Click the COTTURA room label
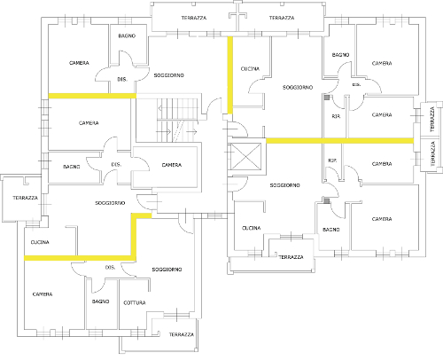[x=135, y=302]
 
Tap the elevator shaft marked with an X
[x=245, y=156]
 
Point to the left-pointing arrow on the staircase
[x=160, y=108]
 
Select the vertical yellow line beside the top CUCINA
[x=229, y=75]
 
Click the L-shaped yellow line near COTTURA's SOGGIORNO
[x=134, y=237]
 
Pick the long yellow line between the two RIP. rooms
[x=339, y=141]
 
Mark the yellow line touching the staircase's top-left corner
[x=92, y=96]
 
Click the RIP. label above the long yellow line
[x=336, y=116]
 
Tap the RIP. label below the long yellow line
[x=332, y=160]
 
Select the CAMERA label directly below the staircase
[x=172, y=165]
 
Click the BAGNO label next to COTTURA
[x=101, y=301]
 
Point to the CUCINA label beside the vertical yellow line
[x=250, y=69]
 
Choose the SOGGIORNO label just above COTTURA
[x=167, y=270]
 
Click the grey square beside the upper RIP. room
[x=326, y=98]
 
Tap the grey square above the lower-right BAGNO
[x=326, y=201]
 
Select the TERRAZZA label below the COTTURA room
[x=182, y=334]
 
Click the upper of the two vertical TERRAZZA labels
[x=433, y=119]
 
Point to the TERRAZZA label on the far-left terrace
[x=25, y=198]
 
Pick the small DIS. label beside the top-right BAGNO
[x=356, y=84]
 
